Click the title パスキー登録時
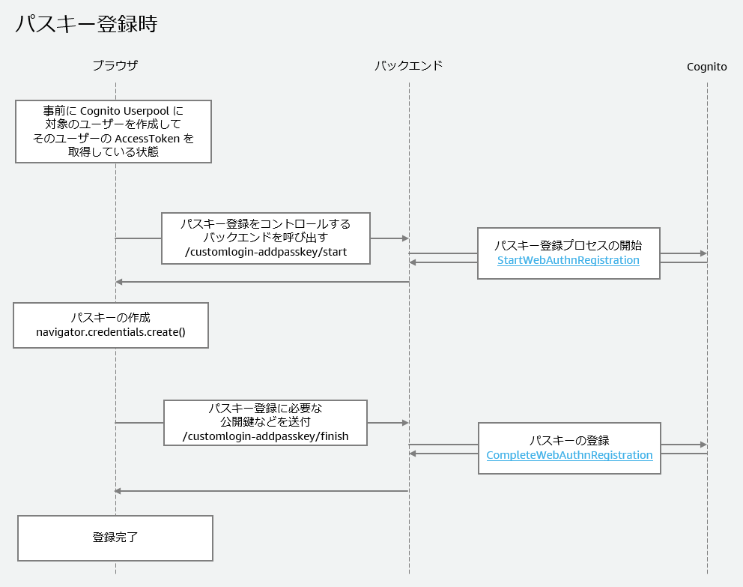(x=86, y=24)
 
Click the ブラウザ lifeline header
(x=115, y=66)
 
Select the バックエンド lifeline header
(x=408, y=66)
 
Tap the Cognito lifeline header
(x=706, y=67)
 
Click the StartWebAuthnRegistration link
(x=568, y=260)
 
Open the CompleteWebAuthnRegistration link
(x=569, y=455)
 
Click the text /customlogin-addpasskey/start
(x=266, y=252)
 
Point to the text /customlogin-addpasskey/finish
(x=266, y=436)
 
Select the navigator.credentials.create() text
(x=111, y=332)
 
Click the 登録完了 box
(x=115, y=538)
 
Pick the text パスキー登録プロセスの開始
(x=568, y=245)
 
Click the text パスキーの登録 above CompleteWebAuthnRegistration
(x=569, y=440)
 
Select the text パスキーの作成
(x=111, y=317)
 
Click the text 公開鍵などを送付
(x=266, y=422)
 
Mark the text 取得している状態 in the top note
(x=113, y=152)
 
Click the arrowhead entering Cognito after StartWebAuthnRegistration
(x=703, y=253)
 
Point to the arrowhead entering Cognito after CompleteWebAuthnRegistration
(x=703, y=445)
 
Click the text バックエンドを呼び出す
(x=266, y=238)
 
